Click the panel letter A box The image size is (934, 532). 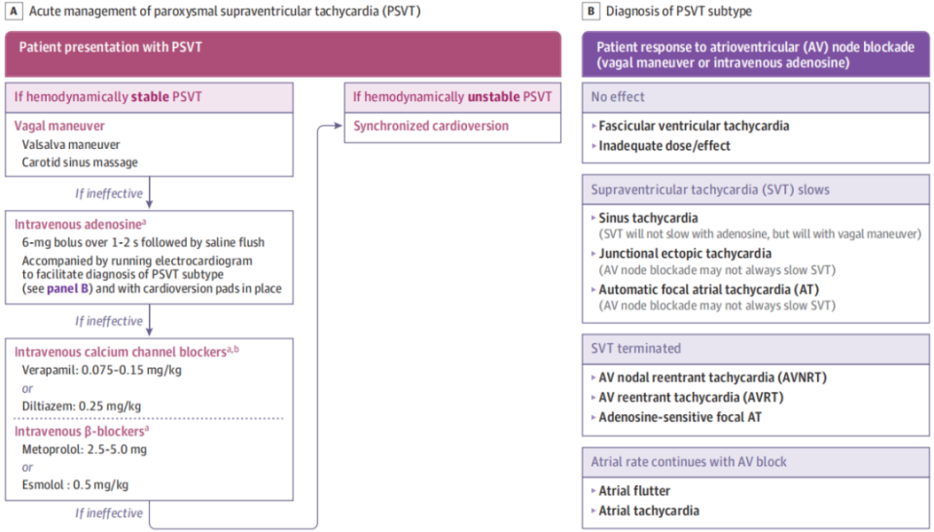point(13,11)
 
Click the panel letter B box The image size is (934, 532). point(591,11)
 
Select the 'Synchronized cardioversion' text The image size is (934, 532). point(431,125)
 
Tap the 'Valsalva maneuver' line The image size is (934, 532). point(71,145)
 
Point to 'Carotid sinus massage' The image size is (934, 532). point(80,162)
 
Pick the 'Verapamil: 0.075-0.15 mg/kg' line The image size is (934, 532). point(102,370)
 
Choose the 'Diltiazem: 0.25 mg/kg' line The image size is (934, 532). point(82,407)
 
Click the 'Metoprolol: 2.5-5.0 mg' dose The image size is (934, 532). point(84,449)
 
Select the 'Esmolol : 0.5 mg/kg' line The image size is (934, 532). point(75,485)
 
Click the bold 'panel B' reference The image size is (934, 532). point(68,289)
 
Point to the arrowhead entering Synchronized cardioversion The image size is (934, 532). point(339,125)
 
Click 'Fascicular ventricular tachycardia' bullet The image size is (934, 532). point(694,125)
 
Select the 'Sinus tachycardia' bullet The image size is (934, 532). point(648,218)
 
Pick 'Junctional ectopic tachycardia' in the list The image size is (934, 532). point(685,254)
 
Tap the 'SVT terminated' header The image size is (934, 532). point(635,348)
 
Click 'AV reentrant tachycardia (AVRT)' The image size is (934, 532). point(691,398)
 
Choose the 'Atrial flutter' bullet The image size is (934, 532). point(634,491)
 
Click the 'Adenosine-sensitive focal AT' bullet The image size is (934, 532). point(680,417)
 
